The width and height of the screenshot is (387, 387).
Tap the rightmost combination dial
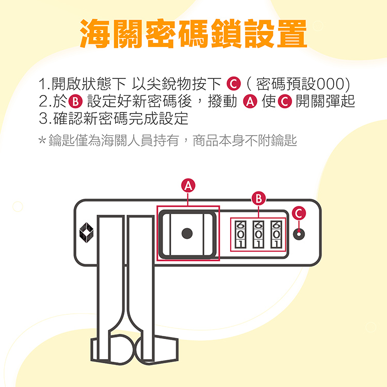tap(277, 234)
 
